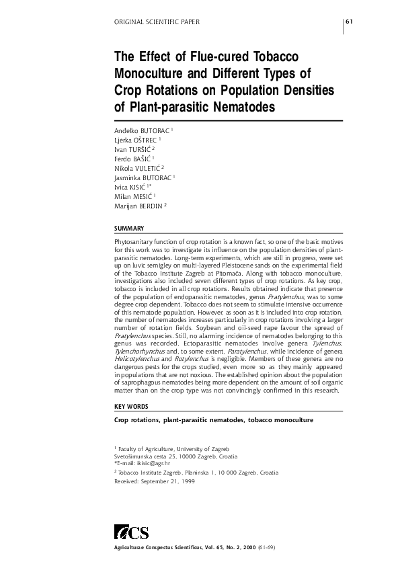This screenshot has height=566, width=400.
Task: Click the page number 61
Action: click(349, 22)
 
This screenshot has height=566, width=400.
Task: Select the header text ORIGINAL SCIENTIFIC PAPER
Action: click(158, 22)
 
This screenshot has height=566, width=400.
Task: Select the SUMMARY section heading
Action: click(130, 229)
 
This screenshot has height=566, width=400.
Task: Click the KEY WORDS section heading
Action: click(132, 407)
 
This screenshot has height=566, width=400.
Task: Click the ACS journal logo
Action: click(132, 533)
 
